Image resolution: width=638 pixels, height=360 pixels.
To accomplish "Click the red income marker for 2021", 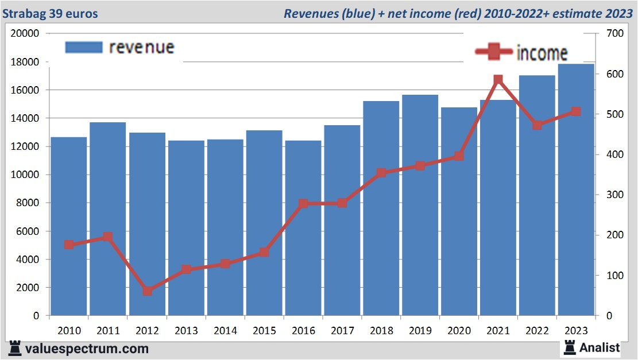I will (x=498, y=80).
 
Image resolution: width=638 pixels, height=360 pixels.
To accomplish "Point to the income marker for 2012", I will (x=147, y=291).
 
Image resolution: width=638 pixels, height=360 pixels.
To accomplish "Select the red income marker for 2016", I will (x=303, y=203).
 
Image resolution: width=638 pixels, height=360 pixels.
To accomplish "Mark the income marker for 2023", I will (x=576, y=111).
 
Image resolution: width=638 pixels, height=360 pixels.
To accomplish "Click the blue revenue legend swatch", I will (x=83, y=47).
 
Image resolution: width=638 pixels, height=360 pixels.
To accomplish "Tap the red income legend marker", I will (x=493, y=52).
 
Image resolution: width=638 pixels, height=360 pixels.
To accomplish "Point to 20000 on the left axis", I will (x=25, y=33).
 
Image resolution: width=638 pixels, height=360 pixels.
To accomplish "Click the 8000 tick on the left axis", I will (x=28, y=203).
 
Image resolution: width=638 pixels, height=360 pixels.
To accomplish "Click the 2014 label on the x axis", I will (x=225, y=331).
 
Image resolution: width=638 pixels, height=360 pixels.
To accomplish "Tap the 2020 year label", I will (x=459, y=331).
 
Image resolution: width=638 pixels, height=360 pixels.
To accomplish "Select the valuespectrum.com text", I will (x=86, y=349).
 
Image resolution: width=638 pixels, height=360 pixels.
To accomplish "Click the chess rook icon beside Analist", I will (x=570, y=347).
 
